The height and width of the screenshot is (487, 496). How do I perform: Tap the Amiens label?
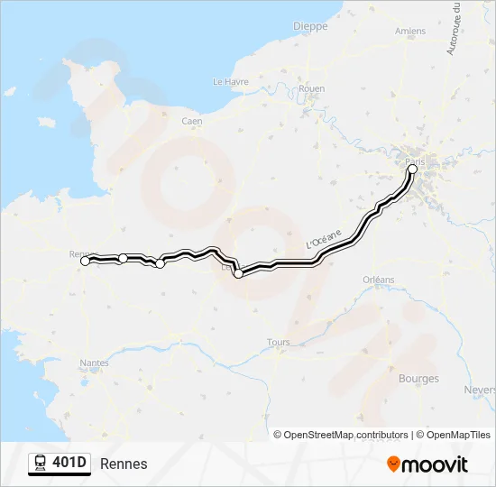[410, 32]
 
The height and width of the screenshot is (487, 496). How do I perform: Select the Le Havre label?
[230, 81]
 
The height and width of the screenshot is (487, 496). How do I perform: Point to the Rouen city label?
[311, 88]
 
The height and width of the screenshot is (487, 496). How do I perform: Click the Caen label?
[191, 121]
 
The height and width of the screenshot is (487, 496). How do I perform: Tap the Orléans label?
[379, 280]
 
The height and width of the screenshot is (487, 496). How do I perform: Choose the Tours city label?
[279, 343]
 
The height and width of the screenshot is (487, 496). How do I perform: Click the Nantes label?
[94, 363]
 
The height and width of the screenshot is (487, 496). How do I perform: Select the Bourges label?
[418, 379]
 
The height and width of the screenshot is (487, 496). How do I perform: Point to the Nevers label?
[480, 390]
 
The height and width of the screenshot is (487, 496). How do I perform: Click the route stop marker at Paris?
[412, 169]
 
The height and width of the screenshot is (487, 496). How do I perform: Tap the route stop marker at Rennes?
[86, 261]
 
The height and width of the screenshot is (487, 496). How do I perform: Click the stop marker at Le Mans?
[238, 273]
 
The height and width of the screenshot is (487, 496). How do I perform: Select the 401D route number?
[70, 464]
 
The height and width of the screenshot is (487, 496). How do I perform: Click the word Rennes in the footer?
[124, 464]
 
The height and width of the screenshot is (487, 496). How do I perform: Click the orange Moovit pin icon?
[393, 464]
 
